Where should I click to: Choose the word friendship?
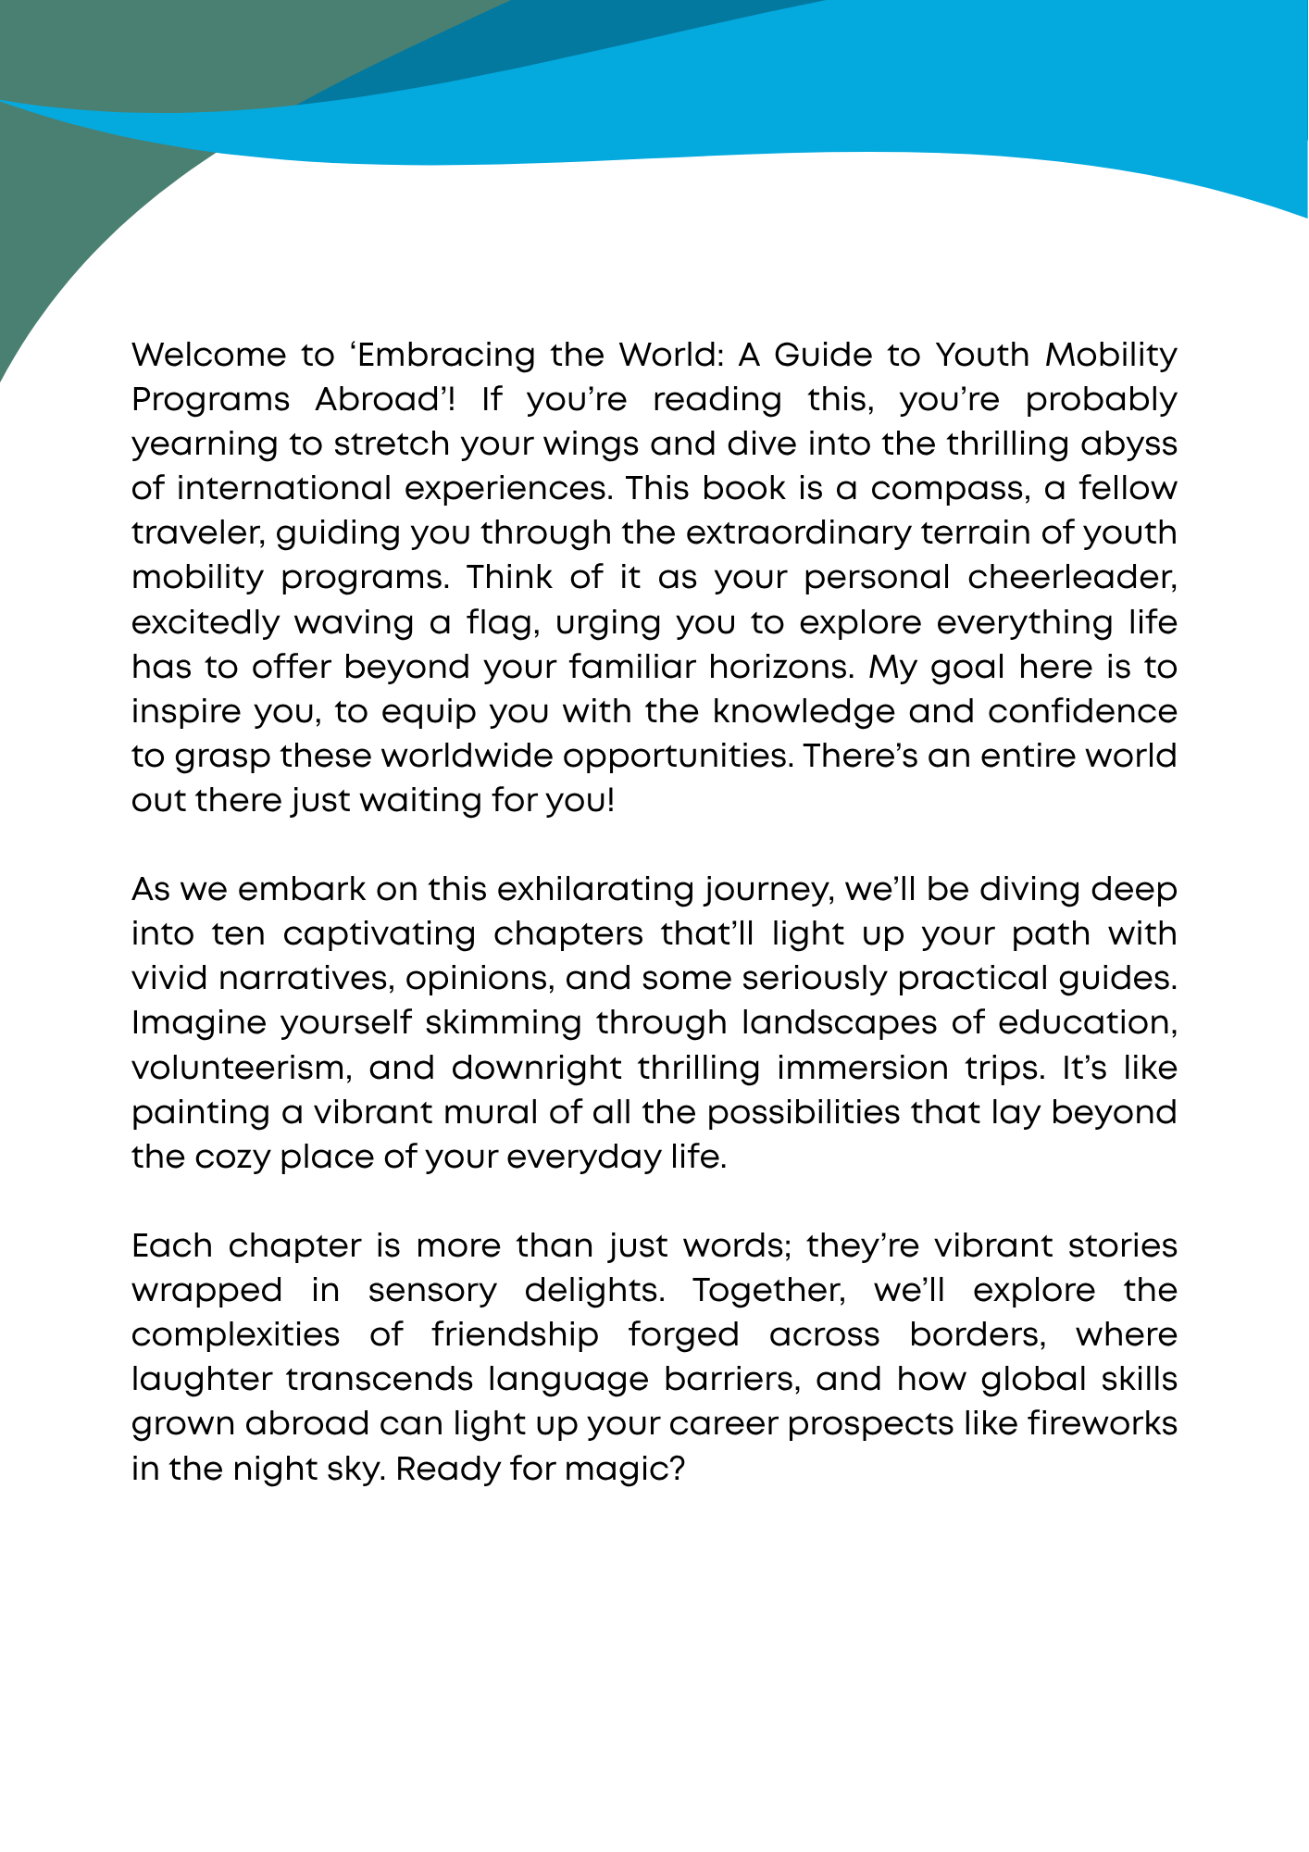coord(515,1334)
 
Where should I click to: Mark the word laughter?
coord(202,1379)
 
